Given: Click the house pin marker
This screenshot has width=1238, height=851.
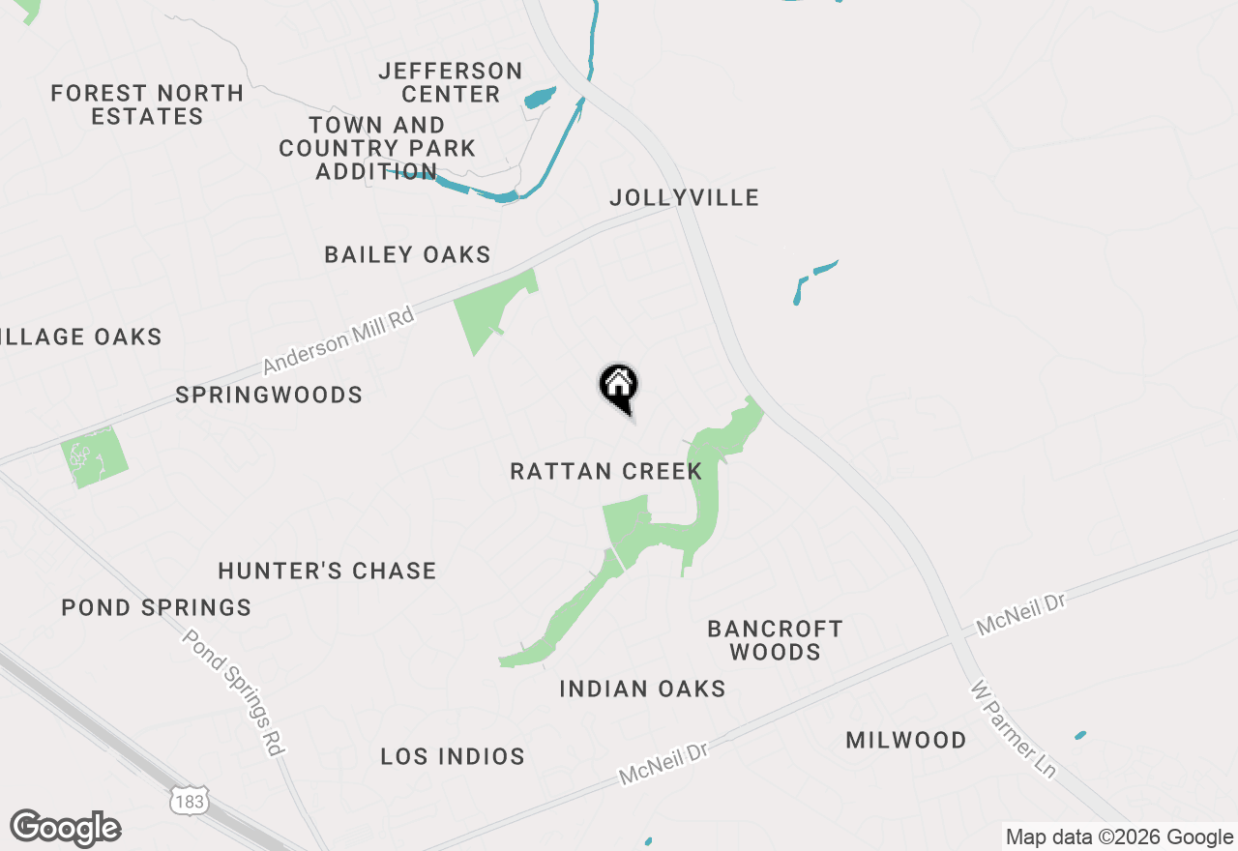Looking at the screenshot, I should coord(619,388).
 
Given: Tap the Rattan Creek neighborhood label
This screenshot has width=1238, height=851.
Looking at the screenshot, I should coord(606,472).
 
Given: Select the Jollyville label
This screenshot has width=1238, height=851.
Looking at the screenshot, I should coord(684,198).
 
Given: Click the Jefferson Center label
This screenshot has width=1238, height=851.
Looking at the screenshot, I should coord(451,83).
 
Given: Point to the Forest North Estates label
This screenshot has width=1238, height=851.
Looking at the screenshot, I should coord(147,104).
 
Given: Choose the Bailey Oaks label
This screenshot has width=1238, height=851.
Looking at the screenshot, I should coord(407,255).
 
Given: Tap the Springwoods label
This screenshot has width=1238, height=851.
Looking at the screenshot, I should coord(269,396).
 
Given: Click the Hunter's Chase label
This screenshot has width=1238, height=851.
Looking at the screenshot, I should coord(327,572).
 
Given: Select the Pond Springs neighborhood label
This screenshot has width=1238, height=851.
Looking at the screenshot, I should coord(157,608).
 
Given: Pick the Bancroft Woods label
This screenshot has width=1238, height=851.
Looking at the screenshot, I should coord(775,640).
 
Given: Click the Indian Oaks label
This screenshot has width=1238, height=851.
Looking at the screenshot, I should coord(642,690).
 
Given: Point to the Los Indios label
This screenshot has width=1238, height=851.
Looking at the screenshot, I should coord(453,757).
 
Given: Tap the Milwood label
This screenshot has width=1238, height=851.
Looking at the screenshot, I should coord(906,741).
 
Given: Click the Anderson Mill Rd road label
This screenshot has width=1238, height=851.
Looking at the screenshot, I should coord(339,340).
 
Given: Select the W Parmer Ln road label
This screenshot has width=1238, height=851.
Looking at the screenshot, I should coord(1013,729).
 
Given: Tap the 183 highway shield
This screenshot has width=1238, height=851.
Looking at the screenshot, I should coord(189,801).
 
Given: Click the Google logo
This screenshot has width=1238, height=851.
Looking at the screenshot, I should coord(65,828).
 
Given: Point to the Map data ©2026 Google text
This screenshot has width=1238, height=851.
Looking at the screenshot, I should coord(1119,837).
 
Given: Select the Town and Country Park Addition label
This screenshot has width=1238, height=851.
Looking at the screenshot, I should coord(377,149).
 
